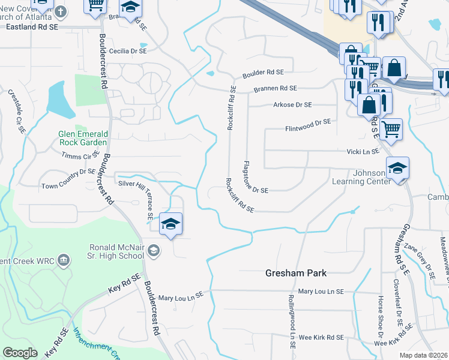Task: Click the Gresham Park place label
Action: point(296,273)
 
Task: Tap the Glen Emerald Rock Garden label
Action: point(83,138)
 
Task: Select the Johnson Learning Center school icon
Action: point(397,169)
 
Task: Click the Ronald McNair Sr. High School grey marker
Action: point(154,250)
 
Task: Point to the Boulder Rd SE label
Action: point(263,74)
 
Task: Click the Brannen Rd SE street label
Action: point(276,89)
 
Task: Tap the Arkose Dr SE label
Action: point(291,105)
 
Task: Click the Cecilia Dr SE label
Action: point(127,52)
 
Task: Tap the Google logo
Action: point(20,353)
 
